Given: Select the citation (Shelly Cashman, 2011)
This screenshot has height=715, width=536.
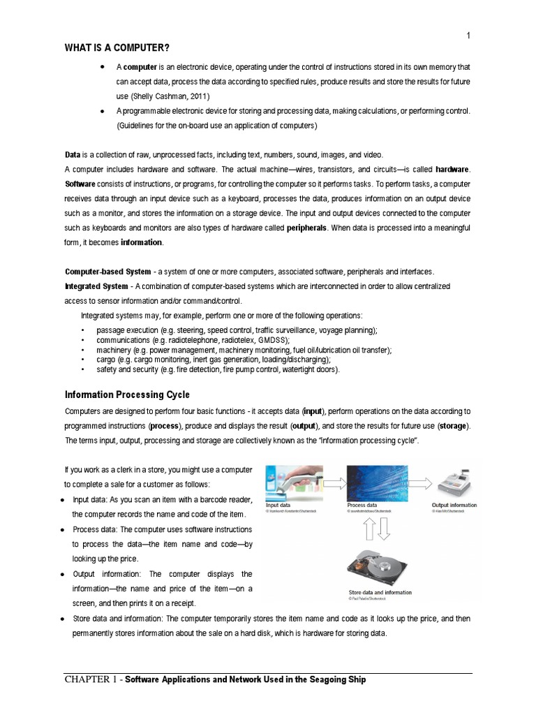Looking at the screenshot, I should pyautogui.click(x=170, y=95).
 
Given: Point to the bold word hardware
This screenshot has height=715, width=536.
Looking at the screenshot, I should pyautogui.click(x=453, y=170).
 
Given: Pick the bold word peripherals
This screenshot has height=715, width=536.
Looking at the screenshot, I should pyautogui.click(x=307, y=228).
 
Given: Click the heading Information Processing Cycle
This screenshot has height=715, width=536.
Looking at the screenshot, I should pyautogui.click(x=127, y=395).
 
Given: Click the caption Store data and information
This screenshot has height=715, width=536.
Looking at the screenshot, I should pyautogui.click(x=380, y=593).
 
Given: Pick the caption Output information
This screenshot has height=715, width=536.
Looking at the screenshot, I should pyautogui.click(x=454, y=505).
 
